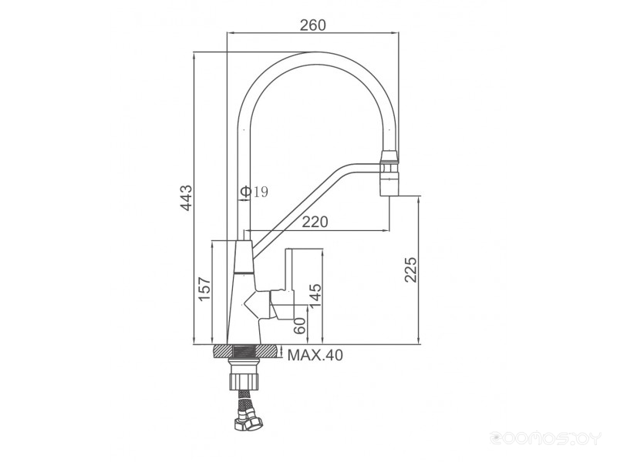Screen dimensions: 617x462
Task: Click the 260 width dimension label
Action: [x=313, y=25]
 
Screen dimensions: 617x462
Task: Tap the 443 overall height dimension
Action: [x=187, y=197]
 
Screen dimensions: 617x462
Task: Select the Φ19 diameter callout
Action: [x=255, y=192]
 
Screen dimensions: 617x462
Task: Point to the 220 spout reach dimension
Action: [x=315, y=222]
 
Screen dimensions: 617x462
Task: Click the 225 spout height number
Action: [x=410, y=269]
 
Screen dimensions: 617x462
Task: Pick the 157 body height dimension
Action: [x=204, y=289]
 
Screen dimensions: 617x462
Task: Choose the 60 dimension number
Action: [x=300, y=326]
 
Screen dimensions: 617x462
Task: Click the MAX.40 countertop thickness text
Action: [x=315, y=355]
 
